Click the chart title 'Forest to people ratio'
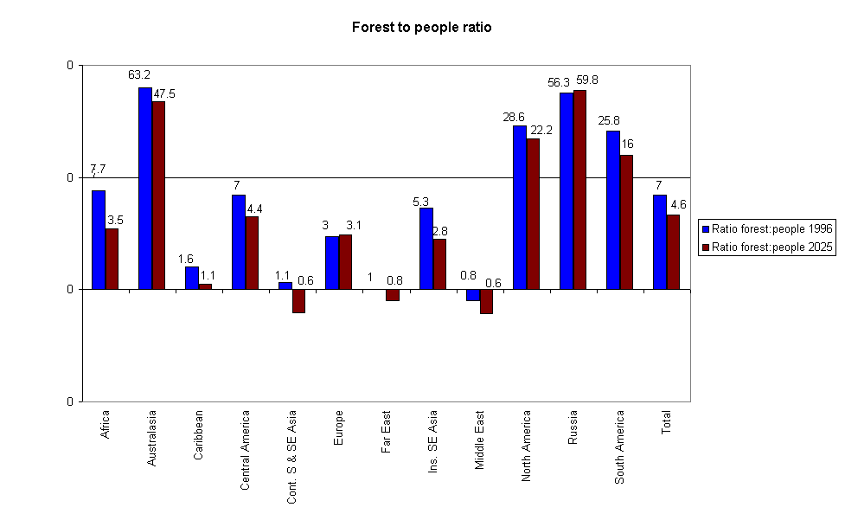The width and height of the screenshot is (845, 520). coord(421,28)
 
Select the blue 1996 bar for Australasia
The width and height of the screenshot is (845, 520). coord(145,188)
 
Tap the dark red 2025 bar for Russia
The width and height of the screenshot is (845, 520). coord(579,189)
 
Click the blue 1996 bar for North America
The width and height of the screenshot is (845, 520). coord(520,207)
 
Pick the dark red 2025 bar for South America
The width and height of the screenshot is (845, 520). coord(626,221)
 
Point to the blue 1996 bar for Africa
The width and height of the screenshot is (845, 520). coord(99,240)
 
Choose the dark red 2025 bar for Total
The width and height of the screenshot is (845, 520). coord(673,252)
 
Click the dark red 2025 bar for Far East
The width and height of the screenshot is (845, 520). coord(393,295)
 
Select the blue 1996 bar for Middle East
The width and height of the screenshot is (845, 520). coord(473,295)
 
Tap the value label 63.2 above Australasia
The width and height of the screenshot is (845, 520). coord(140,75)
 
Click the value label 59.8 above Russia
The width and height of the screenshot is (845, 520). coord(586,80)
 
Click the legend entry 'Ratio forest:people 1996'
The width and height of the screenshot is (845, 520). coord(767,229)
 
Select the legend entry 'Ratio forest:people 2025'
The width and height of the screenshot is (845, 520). coord(767,247)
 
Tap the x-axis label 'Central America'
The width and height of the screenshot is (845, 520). coord(245,450)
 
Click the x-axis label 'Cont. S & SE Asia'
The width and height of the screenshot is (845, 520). coord(291,456)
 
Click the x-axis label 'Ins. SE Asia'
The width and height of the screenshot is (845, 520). coord(432,440)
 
